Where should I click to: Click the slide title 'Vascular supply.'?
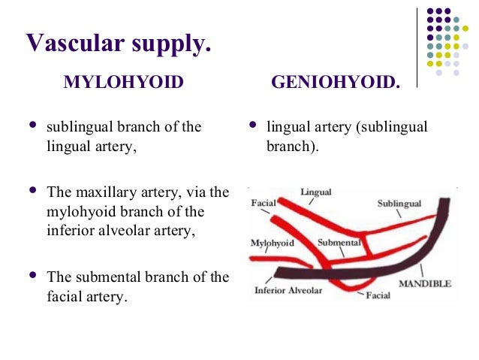118,43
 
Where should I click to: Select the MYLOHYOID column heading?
123,82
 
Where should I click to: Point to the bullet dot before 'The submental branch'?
31,276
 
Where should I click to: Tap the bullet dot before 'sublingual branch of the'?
31,126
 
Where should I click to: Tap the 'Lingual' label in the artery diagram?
315,192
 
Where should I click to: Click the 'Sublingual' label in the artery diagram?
399,204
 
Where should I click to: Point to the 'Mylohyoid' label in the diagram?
272,244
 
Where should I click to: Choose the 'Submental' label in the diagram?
339,244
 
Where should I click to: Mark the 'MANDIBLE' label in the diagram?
424,284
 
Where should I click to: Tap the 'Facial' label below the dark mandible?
377,295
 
